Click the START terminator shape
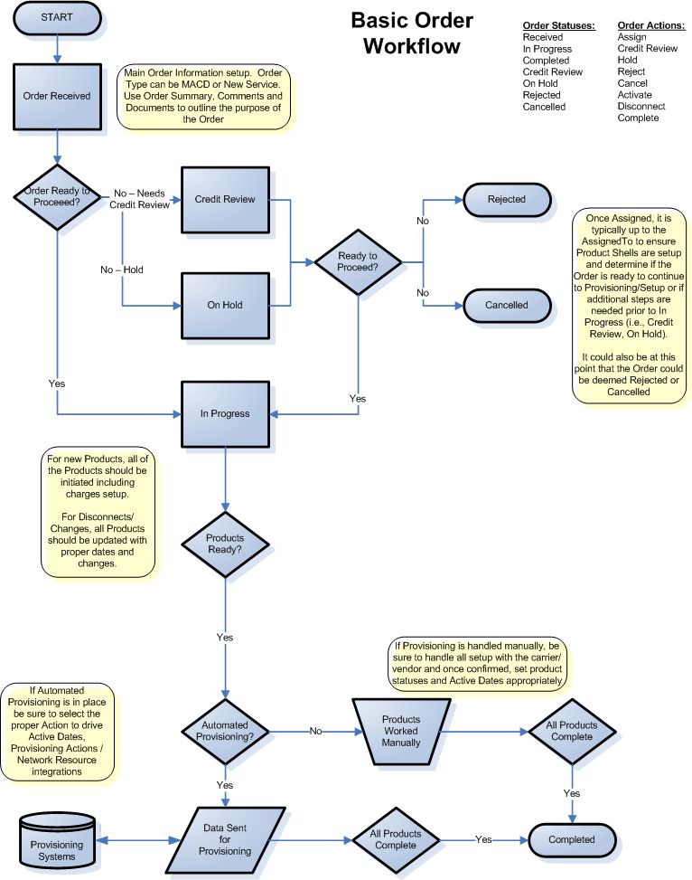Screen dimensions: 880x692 coord(57,19)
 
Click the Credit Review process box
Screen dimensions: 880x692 coord(225,199)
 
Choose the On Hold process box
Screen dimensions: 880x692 coord(225,305)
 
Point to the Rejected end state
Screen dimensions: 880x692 coord(506,199)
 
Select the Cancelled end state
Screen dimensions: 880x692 coord(506,305)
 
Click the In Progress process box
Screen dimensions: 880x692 coord(225,413)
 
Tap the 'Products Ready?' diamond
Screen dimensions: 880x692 coord(225,544)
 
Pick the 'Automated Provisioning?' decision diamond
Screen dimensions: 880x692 coord(225,731)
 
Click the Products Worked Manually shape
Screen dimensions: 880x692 coord(400,731)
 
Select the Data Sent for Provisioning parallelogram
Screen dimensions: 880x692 coord(225,839)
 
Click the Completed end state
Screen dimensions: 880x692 coord(572,839)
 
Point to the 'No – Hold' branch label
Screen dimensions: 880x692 coord(122,270)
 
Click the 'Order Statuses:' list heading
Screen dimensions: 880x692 coord(558,25)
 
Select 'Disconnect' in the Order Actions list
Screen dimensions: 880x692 coord(641,106)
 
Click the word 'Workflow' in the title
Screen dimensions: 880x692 coord(411,47)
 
